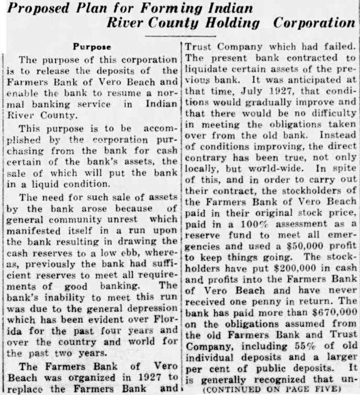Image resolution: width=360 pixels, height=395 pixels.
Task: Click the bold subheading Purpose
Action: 92,46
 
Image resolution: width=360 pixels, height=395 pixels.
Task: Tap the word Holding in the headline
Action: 233,23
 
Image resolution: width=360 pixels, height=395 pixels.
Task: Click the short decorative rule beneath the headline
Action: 180,35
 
